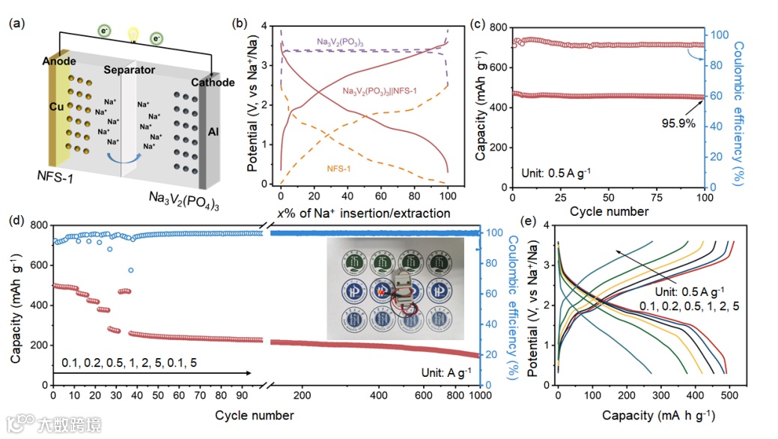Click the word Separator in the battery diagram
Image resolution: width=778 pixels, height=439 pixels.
coord(129,70)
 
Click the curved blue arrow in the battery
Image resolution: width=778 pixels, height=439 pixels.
coord(122,155)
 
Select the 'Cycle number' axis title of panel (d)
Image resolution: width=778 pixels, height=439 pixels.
coord(254,414)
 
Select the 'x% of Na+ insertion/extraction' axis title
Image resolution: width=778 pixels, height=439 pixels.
coord(364,213)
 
